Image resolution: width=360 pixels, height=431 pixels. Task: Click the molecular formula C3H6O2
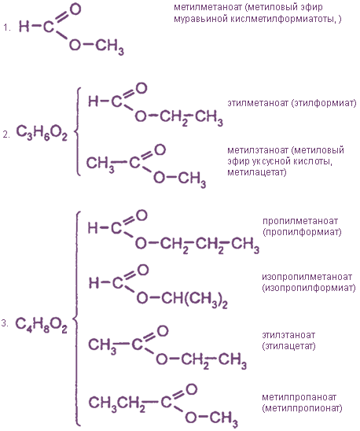point(42,133)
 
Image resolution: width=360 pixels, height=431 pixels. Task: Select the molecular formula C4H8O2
point(41,325)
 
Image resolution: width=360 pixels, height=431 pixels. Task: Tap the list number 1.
point(7,28)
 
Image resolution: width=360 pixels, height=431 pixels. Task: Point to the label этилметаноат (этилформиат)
point(292,103)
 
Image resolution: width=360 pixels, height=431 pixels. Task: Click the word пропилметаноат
point(300,221)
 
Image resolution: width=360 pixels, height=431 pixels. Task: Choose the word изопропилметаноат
point(307,277)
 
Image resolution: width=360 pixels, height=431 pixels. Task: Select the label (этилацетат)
point(288,345)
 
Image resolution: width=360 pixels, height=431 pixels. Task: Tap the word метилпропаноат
point(299,397)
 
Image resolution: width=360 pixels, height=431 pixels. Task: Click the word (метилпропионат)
point(302,408)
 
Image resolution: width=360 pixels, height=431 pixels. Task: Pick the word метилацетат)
point(257,172)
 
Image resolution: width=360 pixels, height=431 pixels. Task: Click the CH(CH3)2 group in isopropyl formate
point(195,299)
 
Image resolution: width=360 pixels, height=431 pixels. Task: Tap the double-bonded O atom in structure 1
point(75,9)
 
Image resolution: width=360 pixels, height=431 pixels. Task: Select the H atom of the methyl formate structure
point(24,27)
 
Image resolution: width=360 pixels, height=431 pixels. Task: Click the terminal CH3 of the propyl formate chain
point(245,245)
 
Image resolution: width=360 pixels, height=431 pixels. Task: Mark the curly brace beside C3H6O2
point(78,131)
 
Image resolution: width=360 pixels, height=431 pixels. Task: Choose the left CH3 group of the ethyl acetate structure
point(102,345)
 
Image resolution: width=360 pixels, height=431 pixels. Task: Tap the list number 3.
point(5,323)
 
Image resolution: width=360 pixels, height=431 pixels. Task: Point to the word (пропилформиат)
point(302,232)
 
